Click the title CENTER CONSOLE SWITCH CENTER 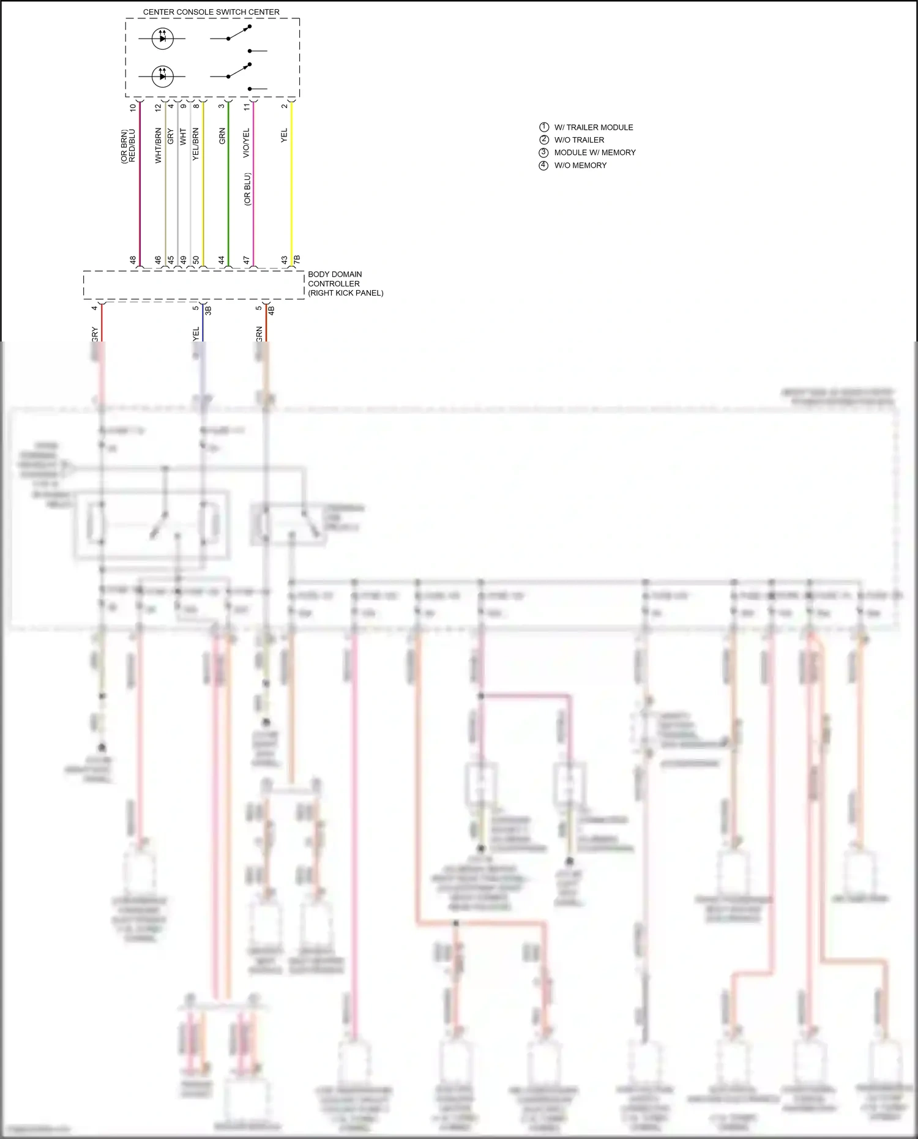211,12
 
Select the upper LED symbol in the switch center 162,39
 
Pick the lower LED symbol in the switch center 162,77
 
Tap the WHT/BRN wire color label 158,145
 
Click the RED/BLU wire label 132,146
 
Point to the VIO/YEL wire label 247,143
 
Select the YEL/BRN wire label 196,144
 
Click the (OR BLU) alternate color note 247,189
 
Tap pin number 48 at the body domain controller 133,260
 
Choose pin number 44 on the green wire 222,260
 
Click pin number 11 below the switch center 247,106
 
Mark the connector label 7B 297,260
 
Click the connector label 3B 208,310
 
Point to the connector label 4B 271,310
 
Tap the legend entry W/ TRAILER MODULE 593,127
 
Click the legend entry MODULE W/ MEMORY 594,152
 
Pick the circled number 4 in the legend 543,165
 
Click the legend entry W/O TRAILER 579,140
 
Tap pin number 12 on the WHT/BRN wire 158,107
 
